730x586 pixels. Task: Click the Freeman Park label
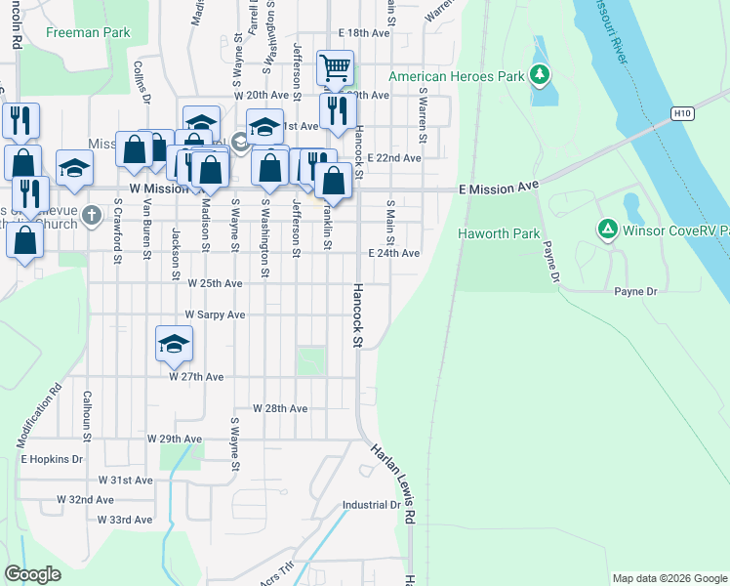[88, 32]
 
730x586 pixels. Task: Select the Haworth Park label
[499, 234]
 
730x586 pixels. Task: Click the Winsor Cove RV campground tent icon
[607, 230]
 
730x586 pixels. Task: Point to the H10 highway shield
[682, 113]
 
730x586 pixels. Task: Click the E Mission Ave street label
[499, 186]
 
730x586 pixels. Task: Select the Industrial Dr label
[371, 506]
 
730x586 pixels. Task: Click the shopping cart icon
[335, 67]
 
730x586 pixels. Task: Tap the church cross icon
[92, 214]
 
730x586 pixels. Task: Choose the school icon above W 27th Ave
[174, 344]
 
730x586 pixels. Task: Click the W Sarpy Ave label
[216, 315]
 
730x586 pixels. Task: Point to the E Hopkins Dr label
[52, 458]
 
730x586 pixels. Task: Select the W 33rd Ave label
[126, 521]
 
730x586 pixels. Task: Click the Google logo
[32, 574]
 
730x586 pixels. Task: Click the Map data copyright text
[669, 578]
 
